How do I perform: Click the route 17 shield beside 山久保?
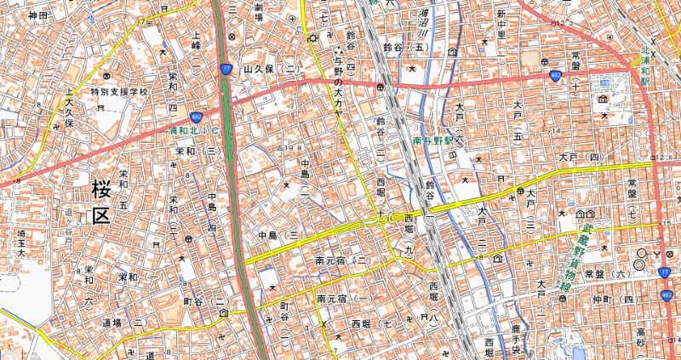point(226,69)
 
